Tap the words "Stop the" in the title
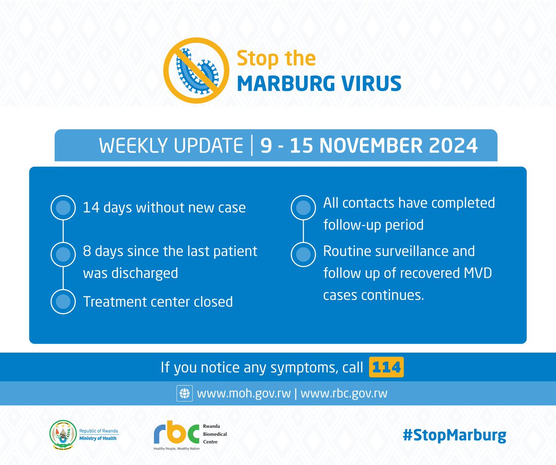tap(276, 59)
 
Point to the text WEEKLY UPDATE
tap(171, 146)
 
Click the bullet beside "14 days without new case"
tap(63, 207)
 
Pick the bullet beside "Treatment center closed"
tap(63, 302)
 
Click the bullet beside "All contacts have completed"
tap(303, 207)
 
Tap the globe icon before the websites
tap(184, 394)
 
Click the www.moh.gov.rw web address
tap(244, 394)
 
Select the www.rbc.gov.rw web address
tap(344, 394)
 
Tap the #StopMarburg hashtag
tap(454, 436)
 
